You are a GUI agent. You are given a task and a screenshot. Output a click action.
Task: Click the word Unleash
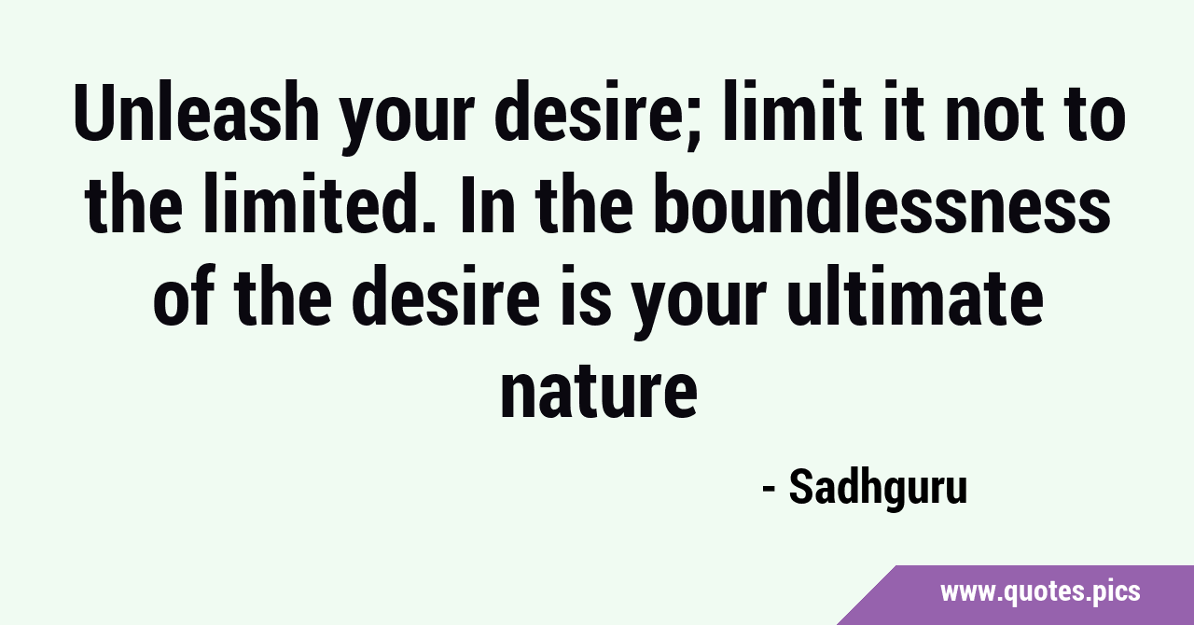196,113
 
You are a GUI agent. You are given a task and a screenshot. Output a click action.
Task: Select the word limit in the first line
790,112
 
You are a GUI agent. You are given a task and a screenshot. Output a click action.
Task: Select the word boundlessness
882,203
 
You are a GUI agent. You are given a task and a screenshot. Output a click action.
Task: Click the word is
586,295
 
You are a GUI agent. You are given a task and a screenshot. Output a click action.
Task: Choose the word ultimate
915,295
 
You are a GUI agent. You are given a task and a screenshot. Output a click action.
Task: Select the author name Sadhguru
878,487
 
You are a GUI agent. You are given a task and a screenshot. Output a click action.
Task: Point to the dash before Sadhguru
769,490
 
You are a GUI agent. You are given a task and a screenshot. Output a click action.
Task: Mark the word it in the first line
901,112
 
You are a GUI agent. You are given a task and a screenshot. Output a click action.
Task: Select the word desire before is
446,295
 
